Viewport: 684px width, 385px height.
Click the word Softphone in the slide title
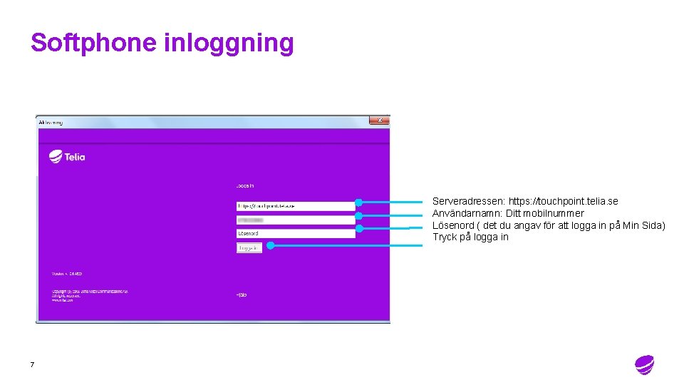coord(94,43)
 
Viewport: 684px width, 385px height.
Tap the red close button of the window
coord(380,120)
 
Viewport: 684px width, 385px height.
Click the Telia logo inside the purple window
coord(67,157)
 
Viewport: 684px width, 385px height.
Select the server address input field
coord(295,206)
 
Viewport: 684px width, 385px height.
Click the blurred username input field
coord(295,220)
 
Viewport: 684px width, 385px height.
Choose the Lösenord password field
coord(295,233)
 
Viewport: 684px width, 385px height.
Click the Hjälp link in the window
coord(242,294)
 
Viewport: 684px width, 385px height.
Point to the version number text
coord(67,274)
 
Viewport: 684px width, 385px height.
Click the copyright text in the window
coord(89,295)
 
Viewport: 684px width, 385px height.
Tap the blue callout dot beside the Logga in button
coord(270,245)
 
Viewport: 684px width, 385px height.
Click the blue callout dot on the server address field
coord(359,202)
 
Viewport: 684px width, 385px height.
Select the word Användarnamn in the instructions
coord(467,213)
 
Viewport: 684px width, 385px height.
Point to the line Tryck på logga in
coord(470,237)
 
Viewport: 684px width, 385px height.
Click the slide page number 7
coord(32,365)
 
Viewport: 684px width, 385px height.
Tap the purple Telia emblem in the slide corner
coord(644,364)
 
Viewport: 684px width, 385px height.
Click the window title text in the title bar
coord(51,122)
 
